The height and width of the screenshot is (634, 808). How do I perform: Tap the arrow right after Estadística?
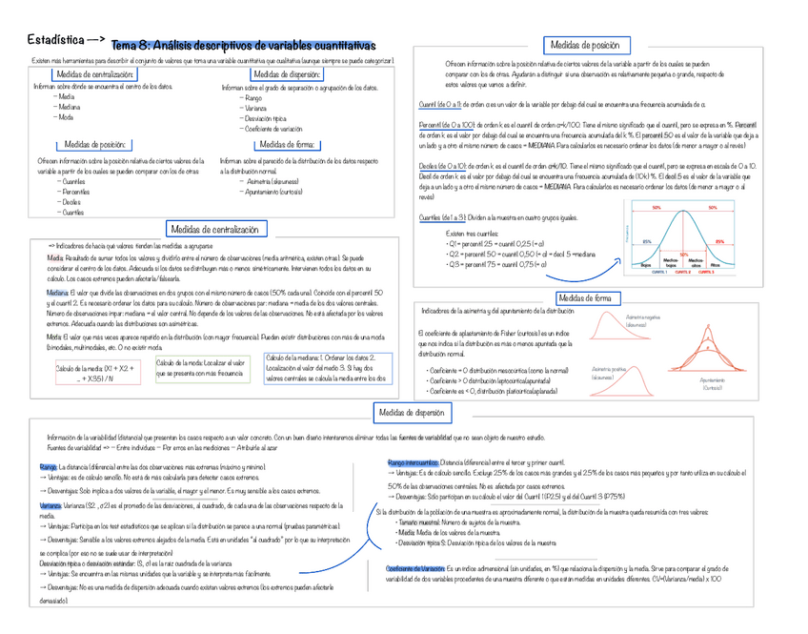[x=95, y=41]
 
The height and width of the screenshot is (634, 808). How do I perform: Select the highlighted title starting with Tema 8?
[x=243, y=47]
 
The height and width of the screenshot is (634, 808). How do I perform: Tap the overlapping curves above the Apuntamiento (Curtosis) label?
[x=726, y=353]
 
